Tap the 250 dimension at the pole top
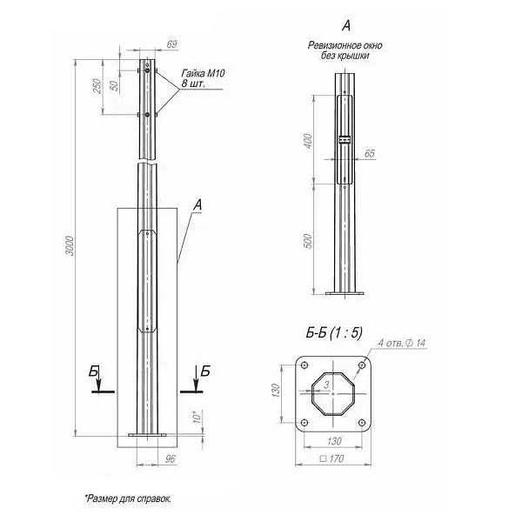97,86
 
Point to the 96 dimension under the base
171,458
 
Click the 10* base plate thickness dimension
197,418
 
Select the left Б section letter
94,371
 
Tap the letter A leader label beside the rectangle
197,205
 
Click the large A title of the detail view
346,27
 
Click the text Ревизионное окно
345,45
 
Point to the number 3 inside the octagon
325,383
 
